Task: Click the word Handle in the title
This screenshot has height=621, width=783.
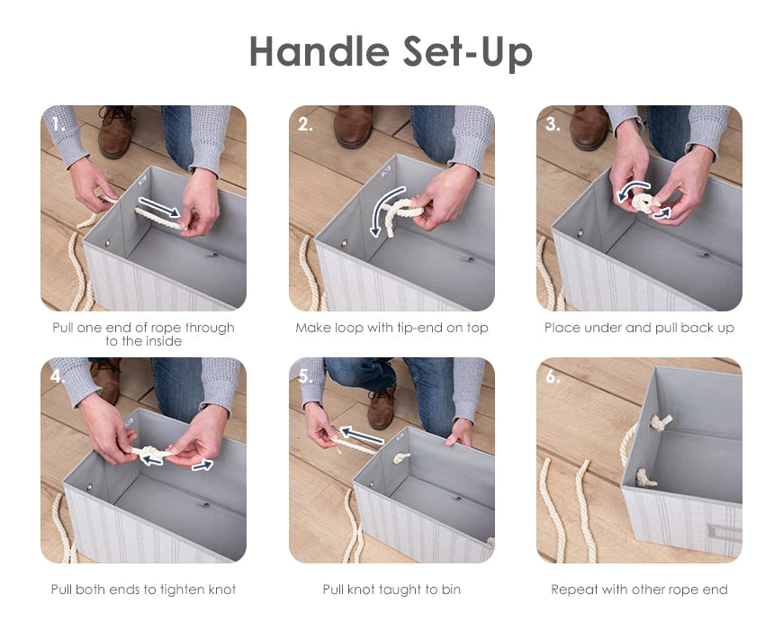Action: [319, 51]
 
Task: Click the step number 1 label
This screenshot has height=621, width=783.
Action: [58, 124]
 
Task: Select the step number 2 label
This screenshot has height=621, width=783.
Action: [304, 124]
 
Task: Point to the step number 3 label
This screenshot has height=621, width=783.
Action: [553, 124]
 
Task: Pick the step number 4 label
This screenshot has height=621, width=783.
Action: [57, 376]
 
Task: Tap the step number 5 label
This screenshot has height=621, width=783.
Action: [304, 376]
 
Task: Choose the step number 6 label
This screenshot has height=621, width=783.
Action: [553, 376]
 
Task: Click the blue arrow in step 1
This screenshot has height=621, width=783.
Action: [158, 207]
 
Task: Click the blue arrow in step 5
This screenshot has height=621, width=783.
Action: [362, 436]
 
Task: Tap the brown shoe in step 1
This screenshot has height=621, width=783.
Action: [115, 130]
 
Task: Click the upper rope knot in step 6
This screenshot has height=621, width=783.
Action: [661, 423]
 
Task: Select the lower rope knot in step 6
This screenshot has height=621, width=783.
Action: [645, 478]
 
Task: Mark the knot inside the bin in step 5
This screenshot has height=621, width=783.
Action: [401, 458]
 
